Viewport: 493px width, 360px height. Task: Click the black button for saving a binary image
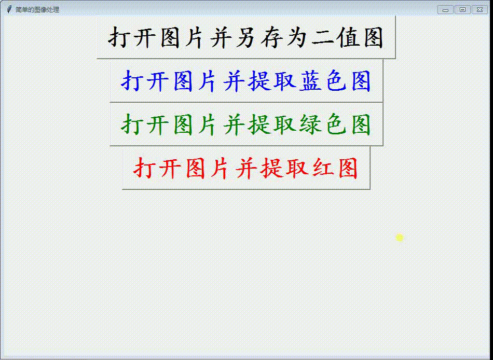(x=246, y=37)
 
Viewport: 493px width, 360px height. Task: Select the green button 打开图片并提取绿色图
(x=246, y=124)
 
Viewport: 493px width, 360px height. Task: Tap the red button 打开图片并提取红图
(x=246, y=168)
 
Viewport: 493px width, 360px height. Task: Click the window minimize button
(x=446, y=10)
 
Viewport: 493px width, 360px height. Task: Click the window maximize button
(x=462, y=10)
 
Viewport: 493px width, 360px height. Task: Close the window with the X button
(x=480, y=10)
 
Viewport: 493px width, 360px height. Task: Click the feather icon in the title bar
(x=9, y=9)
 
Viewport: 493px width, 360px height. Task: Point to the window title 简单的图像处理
(x=37, y=10)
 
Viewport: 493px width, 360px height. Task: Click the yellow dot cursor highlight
(x=400, y=238)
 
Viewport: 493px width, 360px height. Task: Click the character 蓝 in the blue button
(x=310, y=81)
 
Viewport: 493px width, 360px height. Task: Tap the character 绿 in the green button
(x=310, y=124)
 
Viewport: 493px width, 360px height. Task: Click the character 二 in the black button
(x=323, y=38)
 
